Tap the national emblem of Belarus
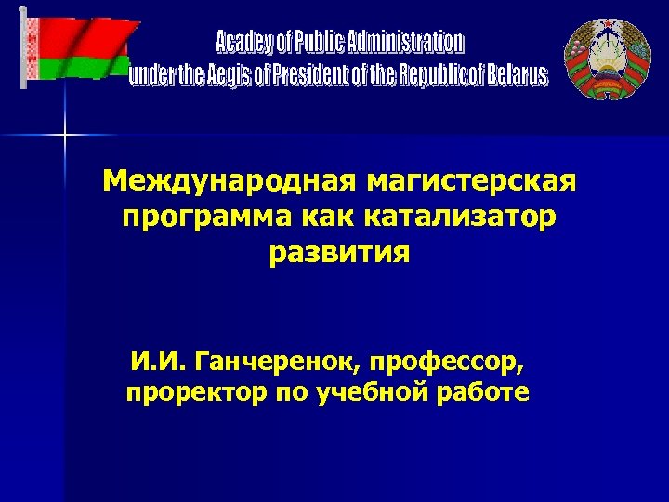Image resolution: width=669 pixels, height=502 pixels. pos(608,58)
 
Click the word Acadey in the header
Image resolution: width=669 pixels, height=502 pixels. pos(244,43)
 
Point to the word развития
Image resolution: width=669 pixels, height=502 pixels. pos(339,253)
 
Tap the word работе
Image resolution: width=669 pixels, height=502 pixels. pos(485,392)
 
